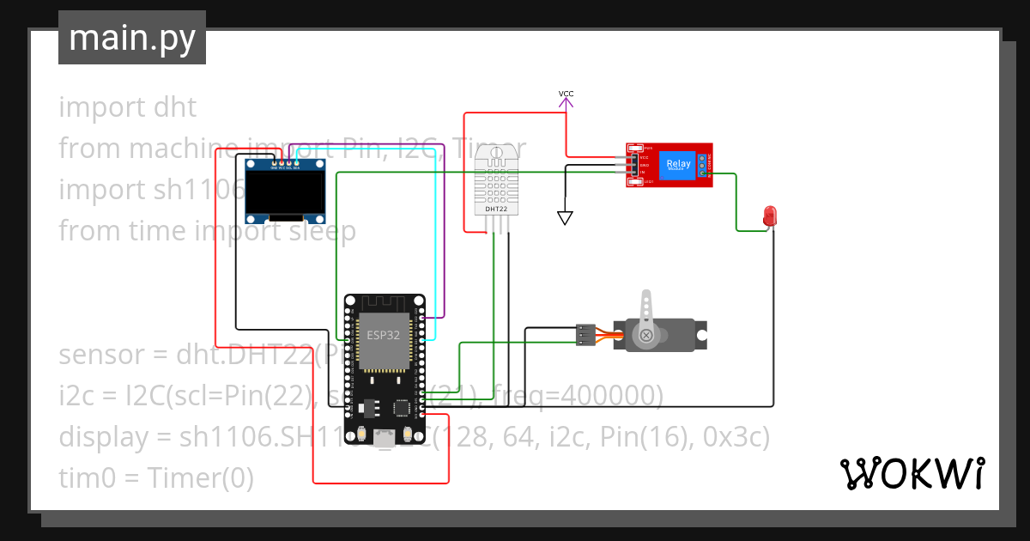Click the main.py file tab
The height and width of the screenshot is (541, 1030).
pyautogui.click(x=131, y=38)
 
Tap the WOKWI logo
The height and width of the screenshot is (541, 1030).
pyautogui.click(x=911, y=473)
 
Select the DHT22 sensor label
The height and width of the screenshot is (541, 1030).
pyautogui.click(x=495, y=209)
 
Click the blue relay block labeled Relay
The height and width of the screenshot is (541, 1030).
pyautogui.click(x=677, y=163)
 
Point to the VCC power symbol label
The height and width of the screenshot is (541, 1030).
pyautogui.click(x=566, y=93)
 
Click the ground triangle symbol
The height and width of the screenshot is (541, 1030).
pyautogui.click(x=565, y=218)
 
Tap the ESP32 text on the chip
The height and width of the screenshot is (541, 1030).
pyautogui.click(x=383, y=335)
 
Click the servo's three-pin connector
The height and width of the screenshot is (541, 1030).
pyautogui.click(x=585, y=335)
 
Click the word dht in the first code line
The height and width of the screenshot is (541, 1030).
pyautogui.click(x=176, y=107)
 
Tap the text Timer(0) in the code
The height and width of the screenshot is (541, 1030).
pyautogui.click(x=200, y=478)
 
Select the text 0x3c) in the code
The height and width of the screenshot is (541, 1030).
pyautogui.click(x=736, y=437)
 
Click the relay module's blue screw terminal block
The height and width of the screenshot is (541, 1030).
pyautogui.click(x=702, y=165)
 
